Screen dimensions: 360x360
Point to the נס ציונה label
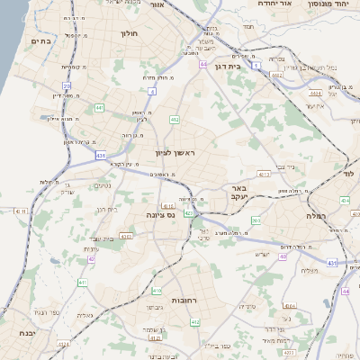pos(158,216)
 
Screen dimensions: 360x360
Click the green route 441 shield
pos(99,108)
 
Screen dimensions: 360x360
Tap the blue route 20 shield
pos(67,86)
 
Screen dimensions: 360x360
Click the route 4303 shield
pos(126,237)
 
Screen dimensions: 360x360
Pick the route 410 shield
pos(157,291)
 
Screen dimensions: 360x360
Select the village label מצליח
pos(307,269)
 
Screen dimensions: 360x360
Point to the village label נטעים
pos(103,186)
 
